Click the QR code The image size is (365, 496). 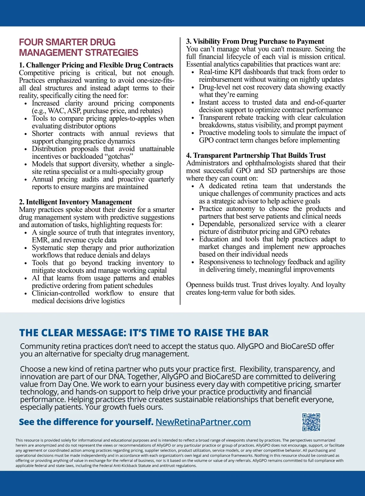tap(311, 422)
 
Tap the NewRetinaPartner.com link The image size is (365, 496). tap(203, 422)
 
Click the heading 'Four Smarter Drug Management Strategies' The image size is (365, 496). tap(78, 47)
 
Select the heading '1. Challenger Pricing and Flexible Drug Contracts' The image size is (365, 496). tap(96, 65)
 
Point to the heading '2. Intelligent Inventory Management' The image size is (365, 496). tap(75, 202)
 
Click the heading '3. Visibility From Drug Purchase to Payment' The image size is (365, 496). tap(255, 41)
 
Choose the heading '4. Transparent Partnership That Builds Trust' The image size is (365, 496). tap(256, 155)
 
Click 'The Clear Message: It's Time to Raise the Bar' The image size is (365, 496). tap(144, 333)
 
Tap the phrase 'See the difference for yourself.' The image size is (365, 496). tap(86, 422)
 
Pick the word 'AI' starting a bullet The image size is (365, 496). tap(36, 278)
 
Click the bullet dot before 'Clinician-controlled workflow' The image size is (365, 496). tap(26, 294)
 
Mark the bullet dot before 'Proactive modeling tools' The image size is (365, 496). tap(193, 133)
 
